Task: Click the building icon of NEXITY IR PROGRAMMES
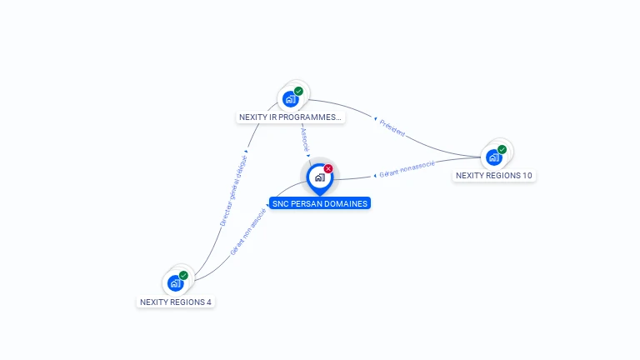pos(290,99)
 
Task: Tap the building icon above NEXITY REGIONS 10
pos(494,157)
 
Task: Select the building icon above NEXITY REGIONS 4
pos(175,283)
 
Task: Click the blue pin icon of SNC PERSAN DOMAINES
pos(319,177)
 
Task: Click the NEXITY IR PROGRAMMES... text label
pos(290,117)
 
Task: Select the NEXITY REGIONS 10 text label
pos(494,176)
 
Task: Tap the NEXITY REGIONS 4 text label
pos(176,302)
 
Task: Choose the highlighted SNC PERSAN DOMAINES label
pos(319,203)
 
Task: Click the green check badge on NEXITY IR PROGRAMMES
pos(298,91)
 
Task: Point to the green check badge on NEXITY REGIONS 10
pos(502,149)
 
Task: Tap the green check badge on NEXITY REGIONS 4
pos(183,275)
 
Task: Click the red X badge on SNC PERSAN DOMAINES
pos(328,168)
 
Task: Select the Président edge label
pos(392,127)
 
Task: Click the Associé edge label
pos(305,139)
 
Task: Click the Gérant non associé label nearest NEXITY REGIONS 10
pos(407,169)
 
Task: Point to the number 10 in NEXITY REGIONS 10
pos(527,176)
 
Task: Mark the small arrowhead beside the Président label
pos(376,119)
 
